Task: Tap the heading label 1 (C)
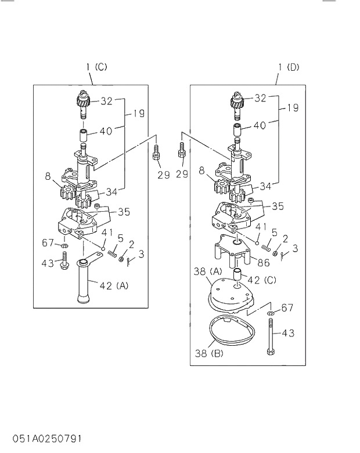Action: (96, 67)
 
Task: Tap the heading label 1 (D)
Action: (289, 67)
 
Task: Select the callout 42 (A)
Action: (114, 285)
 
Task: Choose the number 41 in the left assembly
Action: (106, 232)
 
